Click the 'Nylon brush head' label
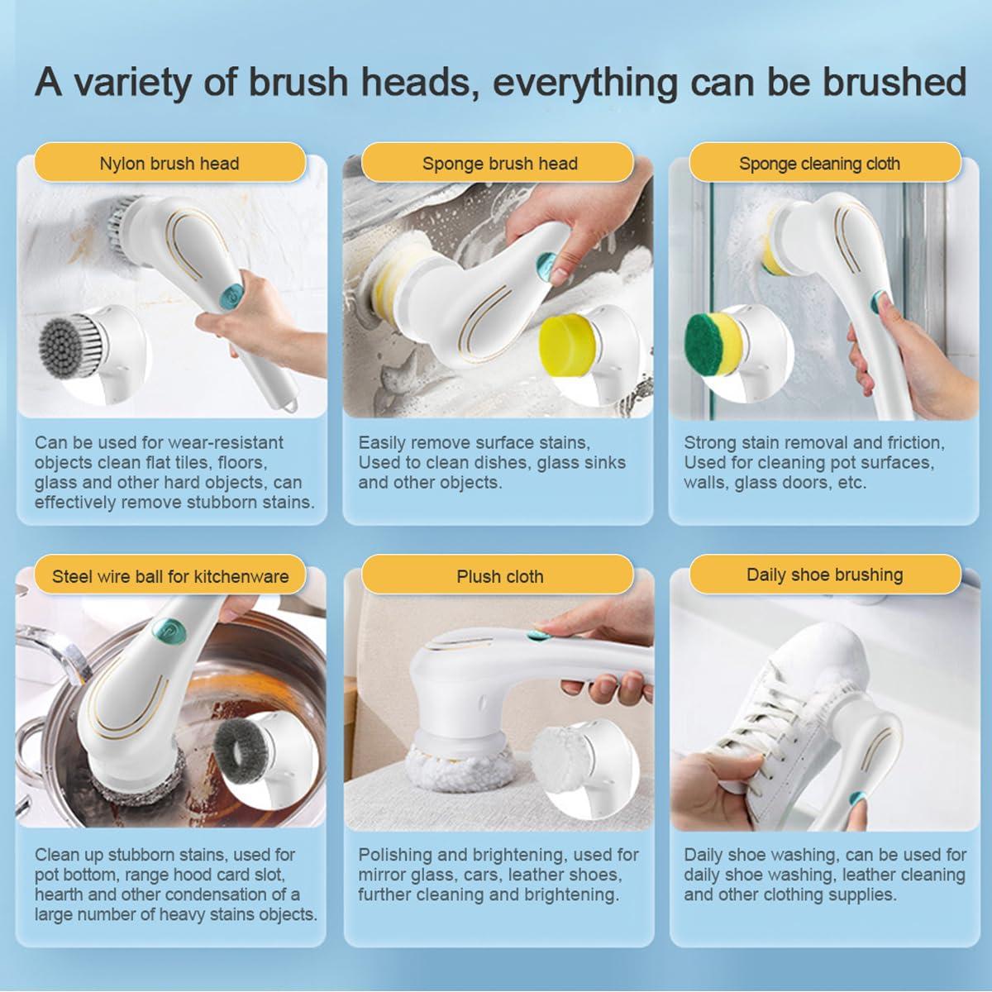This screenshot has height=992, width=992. pos(169,163)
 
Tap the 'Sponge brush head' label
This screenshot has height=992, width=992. pos(499,163)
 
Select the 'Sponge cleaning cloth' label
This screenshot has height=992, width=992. pos(819,163)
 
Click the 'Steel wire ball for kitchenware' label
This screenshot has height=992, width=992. pos(170,575)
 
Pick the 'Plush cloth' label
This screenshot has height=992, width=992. pos(499,576)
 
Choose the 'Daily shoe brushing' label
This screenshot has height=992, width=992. pos(824,575)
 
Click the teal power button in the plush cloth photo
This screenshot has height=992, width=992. pos(538,636)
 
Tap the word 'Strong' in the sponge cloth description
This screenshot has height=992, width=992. pos(709,443)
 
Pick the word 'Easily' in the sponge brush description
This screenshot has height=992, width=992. pos(381,443)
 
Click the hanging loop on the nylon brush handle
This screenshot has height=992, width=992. pos(289,405)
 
